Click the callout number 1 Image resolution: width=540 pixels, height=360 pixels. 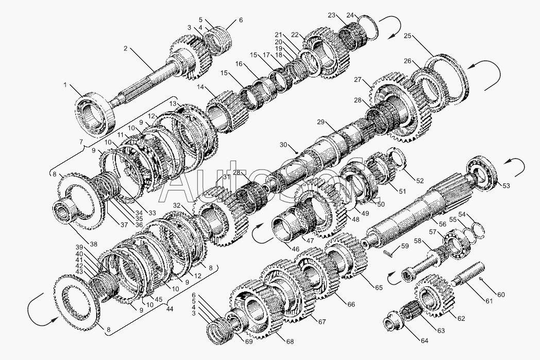tap(65, 84)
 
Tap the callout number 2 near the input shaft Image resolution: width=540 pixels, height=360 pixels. tap(126, 48)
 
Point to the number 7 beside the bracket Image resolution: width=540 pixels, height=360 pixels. tap(81, 142)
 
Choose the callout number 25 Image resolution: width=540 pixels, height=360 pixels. tap(408, 36)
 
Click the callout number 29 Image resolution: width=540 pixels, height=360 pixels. tap(321, 122)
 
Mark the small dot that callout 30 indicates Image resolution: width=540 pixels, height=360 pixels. tap(296, 152)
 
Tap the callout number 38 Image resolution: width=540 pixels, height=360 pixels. tap(93, 244)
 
